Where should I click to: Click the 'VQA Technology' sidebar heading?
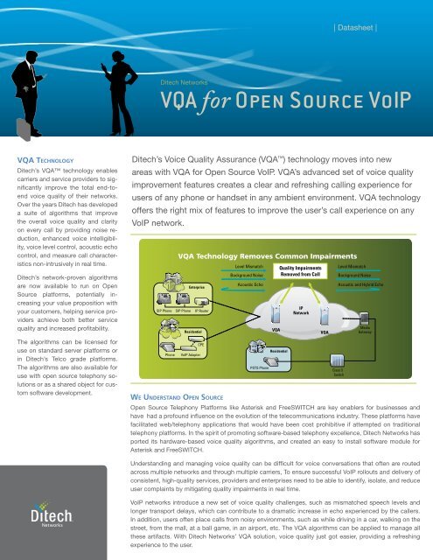38,136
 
